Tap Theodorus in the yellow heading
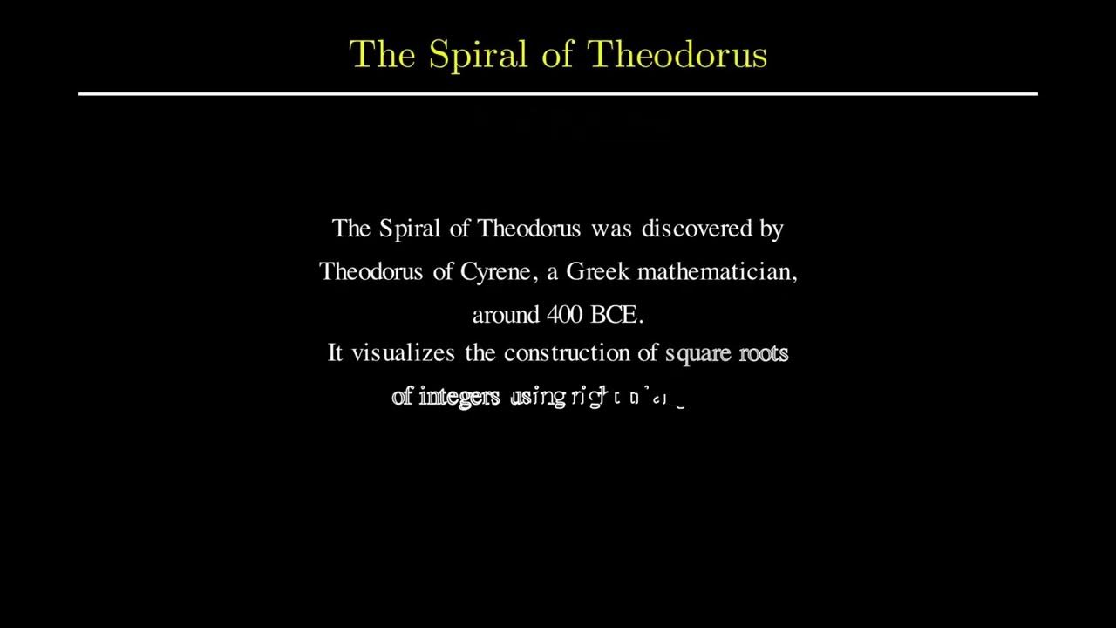[x=677, y=55]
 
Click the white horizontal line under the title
[x=558, y=93]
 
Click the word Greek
[x=597, y=271]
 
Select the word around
[x=506, y=315]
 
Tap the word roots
[x=763, y=353]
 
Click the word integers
[x=459, y=397]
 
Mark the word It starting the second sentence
[x=335, y=353]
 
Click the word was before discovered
[x=611, y=229]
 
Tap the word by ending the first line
[x=772, y=229]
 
